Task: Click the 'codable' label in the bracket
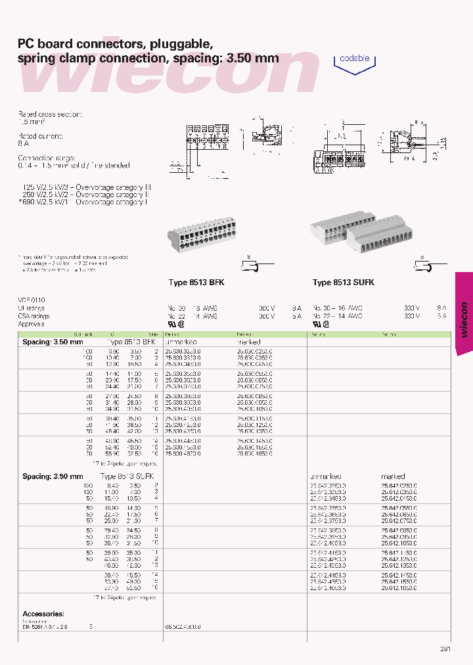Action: click(x=355, y=58)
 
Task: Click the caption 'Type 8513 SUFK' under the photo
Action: click(x=344, y=283)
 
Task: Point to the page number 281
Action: click(x=445, y=649)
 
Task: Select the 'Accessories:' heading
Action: click(x=43, y=614)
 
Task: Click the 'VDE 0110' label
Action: click(x=31, y=300)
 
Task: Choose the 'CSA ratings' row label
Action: click(x=34, y=316)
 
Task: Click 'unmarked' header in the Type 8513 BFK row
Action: click(x=181, y=342)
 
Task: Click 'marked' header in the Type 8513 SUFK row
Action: click(x=393, y=476)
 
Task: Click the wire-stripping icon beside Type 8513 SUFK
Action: click(x=424, y=267)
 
